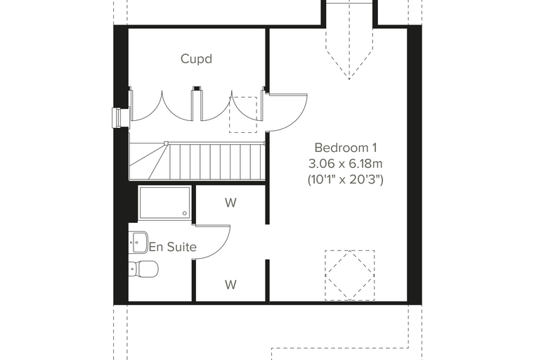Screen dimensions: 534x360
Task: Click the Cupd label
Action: pyautogui.click(x=197, y=59)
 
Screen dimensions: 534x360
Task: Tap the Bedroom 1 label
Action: pyautogui.click(x=346, y=148)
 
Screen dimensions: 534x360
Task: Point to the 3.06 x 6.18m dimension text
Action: pyautogui.click(x=345, y=164)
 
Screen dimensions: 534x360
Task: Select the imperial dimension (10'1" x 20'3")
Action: pyautogui.click(x=345, y=179)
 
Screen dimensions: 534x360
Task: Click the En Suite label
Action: pyautogui.click(x=173, y=247)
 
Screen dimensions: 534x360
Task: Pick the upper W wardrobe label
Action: pyautogui.click(x=230, y=202)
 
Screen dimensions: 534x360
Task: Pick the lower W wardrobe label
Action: pyautogui.click(x=230, y=284)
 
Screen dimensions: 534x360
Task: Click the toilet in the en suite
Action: pyautogui.click(x=144, y=269)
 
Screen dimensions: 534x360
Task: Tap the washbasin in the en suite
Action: pyautogui.click(x=138, y=242)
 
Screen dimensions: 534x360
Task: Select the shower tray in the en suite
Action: pyautogui.click(x=165, y=202)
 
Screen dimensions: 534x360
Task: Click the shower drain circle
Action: pyautogui.click(x=185, y=214)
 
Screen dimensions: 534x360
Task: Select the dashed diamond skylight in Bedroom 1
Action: pyautogui.click(x=350, y=276)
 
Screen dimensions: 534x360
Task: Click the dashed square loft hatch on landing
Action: pyautogui.click(x=243, y=115)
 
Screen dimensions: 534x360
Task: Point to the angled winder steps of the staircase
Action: pyautogui.click(x=149, y=161)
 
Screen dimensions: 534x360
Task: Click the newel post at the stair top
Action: pyautogui.click(x=167, y=143)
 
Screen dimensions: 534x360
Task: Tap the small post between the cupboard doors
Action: pyautogui.click(x=197, y=103)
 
